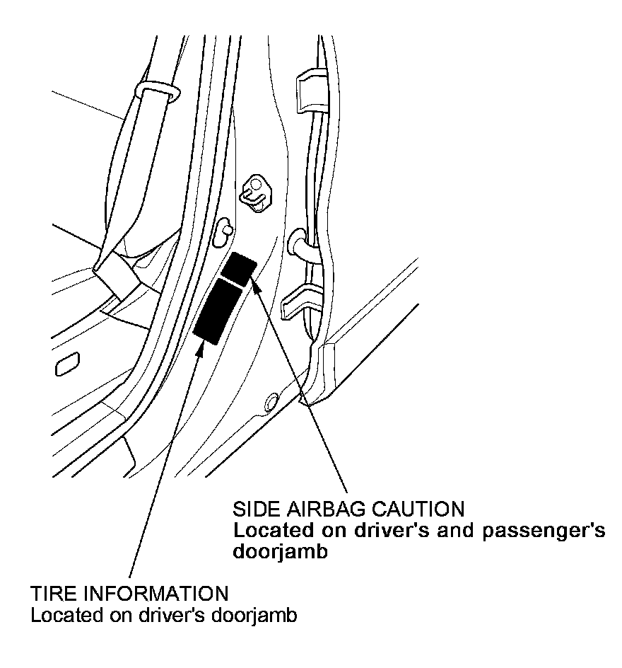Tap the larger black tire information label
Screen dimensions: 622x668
[218, 310]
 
